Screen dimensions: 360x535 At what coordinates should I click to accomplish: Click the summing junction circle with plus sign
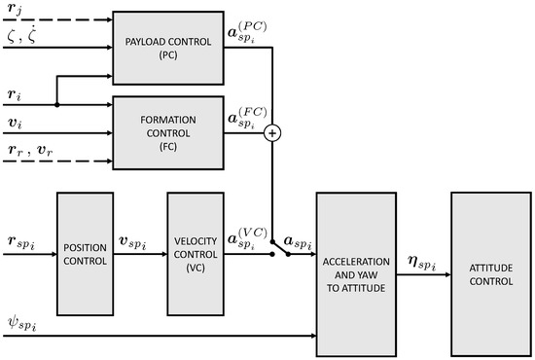pyautogui.click(x=273, y=133)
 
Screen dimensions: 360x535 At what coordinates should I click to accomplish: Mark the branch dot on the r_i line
pyautogui.click(x=57, y=103)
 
